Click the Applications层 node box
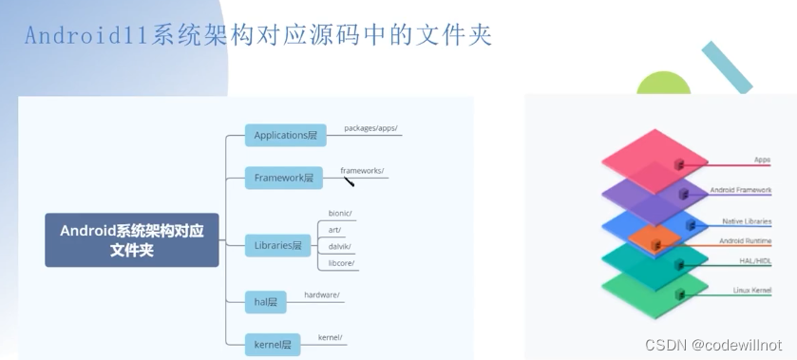click(x=285, y=136)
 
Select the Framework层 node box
click(x=284, y=178)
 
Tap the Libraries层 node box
click(x=278, y=245)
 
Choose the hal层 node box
click(x=266, y=302)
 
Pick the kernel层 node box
click(x=272, y=343)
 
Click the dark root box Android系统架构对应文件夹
click(x=132, y=239)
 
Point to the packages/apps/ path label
click(x=370, y=127)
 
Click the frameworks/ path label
click(x=362, y=171)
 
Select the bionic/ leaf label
click(x=340, y=213)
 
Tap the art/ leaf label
click(x=334, y=230)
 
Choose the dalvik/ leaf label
click(x=339, y=247)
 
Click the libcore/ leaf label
click(x=340, y=263)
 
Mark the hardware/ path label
click(x=322, y=295)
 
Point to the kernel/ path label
click(x=330, y=337)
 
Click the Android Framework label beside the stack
click(x=741, y=191)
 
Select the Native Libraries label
click(x=747, y=221)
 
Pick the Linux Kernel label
click(x=750, y=290)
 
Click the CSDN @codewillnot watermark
click(x=713, y=346)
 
